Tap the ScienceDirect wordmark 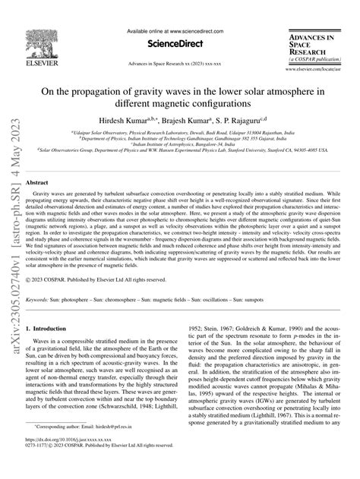[180, 44]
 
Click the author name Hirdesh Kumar [131, 120]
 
